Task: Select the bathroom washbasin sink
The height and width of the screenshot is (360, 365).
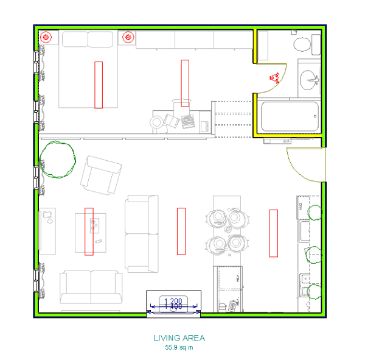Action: tap(311, 79)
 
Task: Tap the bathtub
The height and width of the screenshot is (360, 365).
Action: tap(290, 116)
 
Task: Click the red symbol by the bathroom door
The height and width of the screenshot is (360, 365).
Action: tap(274, 77)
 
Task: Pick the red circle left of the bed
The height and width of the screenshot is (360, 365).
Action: tap(46, 37)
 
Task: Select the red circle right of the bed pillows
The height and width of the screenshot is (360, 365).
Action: tap(128, 37)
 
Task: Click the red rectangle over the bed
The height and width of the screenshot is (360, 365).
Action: tap(99, 84)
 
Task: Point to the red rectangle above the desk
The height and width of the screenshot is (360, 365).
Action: tap(185, 83)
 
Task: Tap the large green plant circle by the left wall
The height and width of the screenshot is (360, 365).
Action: tap(58, 159)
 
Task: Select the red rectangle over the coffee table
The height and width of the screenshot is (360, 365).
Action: tap(89, 231)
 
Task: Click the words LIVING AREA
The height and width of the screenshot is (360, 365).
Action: tap(179, 337)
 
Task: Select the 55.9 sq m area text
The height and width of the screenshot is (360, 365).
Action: tap(179, 348)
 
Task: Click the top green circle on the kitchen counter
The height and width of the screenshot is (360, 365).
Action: tap(315, 213)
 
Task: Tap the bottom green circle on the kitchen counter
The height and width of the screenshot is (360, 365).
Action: tap(314, 292)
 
